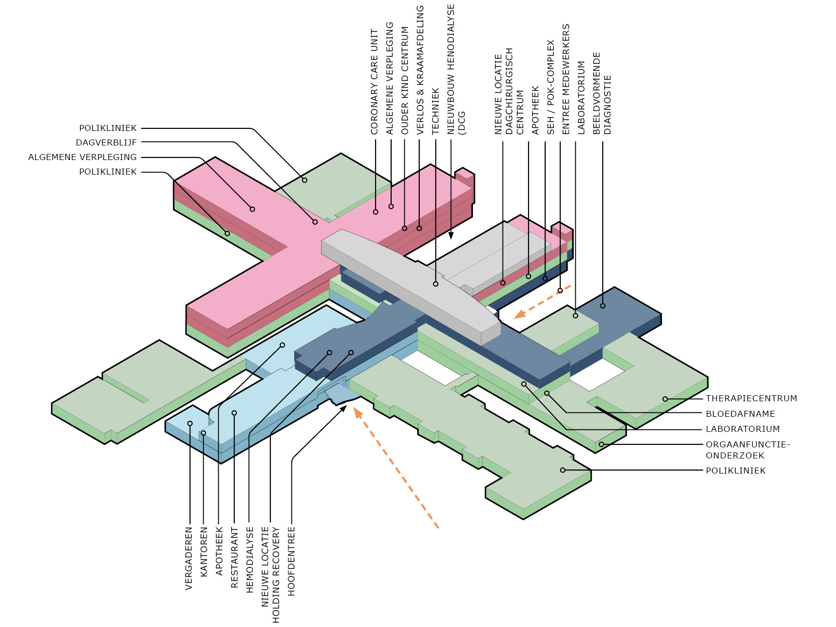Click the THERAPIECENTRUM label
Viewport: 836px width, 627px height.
751,398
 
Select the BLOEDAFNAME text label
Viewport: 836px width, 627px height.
740,414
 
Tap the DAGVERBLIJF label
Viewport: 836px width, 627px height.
106,142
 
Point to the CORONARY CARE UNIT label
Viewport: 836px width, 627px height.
374,81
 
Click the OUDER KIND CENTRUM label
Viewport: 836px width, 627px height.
405,80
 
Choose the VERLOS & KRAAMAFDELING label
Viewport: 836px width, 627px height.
420,70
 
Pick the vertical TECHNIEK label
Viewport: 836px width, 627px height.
435,111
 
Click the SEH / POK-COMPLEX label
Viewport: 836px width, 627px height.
551,87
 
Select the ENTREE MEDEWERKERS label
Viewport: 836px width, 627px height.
566,79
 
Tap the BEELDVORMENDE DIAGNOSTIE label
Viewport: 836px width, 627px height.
602,93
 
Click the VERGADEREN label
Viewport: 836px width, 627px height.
189,558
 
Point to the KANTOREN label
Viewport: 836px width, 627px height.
204,551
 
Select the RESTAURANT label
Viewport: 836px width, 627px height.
234,557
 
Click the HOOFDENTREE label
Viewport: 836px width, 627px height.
291,561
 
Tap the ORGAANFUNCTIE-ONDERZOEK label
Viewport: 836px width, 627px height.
747,450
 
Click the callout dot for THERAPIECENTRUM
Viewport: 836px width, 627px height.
665,399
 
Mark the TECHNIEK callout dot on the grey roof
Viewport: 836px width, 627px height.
435,284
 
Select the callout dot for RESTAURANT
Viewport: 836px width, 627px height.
234,413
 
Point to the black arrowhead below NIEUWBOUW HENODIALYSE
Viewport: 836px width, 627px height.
451,235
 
